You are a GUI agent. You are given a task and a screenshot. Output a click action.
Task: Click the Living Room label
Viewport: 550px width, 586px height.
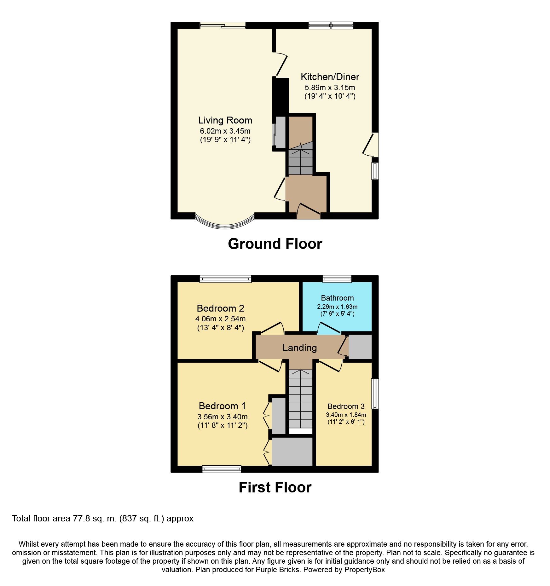(x=225, y=120)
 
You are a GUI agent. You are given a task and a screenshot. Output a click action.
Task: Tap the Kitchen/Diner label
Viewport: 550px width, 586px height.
(x=330, y=77)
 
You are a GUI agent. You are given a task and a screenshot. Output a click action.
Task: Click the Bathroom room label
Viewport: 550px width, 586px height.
(x=337, y=298)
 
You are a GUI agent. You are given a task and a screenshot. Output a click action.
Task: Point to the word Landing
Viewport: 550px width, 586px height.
(x=299, y=348)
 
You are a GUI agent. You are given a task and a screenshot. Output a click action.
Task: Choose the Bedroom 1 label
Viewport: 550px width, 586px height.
(x=222, y=406)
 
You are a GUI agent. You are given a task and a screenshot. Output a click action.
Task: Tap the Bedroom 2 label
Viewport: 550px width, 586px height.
(x=220, y=308)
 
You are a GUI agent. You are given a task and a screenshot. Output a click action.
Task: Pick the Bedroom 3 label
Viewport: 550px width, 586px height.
(x=346, y=406)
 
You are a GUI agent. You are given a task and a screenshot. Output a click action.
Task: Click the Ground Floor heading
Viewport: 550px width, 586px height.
(x=275, y=244)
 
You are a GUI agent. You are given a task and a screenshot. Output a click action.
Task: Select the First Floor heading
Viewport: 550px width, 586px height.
(x=275, y=487)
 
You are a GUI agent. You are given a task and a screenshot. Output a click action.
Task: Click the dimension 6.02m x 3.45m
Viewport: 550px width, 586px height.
(x=225, y=131)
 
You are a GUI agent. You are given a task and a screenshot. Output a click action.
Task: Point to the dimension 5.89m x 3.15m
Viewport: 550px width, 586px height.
(x=330, y=88)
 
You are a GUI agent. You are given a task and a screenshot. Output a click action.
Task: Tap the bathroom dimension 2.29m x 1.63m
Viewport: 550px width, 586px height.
(x=337, y=307)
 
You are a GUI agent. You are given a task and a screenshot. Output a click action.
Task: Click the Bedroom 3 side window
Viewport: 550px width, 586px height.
(x=375, y=394)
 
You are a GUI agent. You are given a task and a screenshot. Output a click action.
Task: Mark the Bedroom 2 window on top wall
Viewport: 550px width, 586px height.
(x=225, y=279)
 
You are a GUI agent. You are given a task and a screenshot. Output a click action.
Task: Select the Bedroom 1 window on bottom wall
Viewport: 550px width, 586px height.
(x=221, y=469)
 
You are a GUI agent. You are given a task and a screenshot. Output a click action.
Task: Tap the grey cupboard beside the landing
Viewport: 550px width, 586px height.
(x=360, y=347)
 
